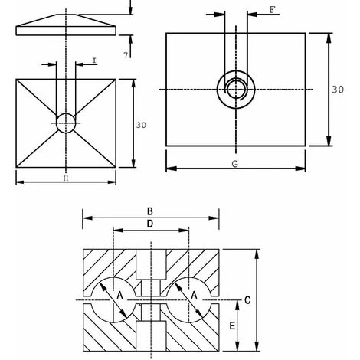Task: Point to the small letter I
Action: tap(92, 61)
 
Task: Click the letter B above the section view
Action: tap(151, 212)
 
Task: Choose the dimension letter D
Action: tap(151, 224)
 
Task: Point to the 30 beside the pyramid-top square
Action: tap(139, 124)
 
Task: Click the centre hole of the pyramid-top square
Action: tap(67, 122)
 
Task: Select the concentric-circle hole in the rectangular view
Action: tap(237, 90)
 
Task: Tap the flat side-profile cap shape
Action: tap(67, 25)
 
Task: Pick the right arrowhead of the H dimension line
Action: tap(117, 182)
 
